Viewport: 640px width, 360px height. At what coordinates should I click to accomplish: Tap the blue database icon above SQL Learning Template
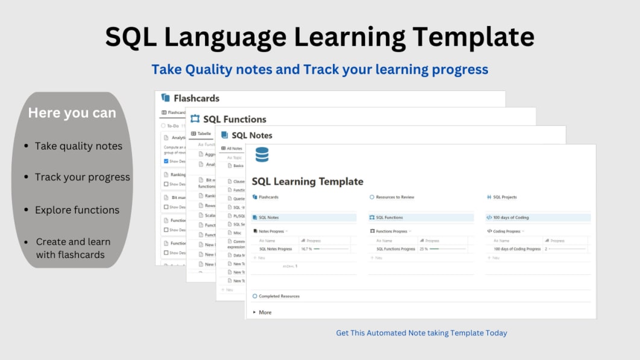[262, 155]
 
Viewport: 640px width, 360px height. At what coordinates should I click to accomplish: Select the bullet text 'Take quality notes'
[78, 146]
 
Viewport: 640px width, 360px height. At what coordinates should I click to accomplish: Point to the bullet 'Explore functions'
[77, 210]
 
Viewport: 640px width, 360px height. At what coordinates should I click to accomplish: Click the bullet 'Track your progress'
[83, 177]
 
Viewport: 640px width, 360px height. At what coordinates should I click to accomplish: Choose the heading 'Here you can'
[72, 113]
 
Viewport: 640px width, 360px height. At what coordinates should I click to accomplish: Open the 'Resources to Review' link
[395, 197]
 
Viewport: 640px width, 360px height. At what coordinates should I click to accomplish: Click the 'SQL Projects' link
[504, 197]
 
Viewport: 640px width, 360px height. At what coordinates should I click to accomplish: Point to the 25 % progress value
[423, 248]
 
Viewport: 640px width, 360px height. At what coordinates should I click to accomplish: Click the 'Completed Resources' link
[279, 296]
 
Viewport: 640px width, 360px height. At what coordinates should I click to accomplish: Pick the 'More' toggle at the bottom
[264, 312]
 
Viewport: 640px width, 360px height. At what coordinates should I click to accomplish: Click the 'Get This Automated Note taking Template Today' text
[422, 333]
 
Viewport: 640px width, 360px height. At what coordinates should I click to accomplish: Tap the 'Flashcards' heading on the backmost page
[196, 98]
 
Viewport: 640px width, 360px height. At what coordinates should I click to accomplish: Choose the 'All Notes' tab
[234, 148]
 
